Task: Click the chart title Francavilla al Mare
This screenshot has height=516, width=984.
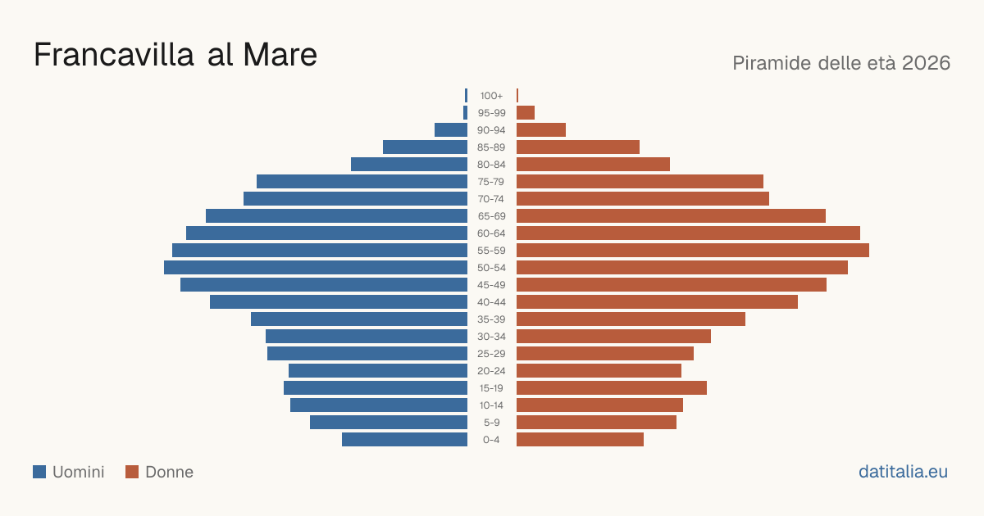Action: [x=175, y=54]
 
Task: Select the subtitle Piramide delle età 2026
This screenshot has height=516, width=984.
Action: [x=841, y=63]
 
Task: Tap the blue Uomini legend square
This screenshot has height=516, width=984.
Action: [x=39, y=472]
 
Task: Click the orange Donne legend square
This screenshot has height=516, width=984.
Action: [x=132, y=472]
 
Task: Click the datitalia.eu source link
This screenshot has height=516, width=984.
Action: [x=903, y=472]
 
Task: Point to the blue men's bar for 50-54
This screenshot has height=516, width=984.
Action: [x=316, y=268]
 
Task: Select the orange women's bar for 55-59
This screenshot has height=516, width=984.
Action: [x=693, y=250]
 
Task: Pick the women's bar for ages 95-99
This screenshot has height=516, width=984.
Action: [x=526, y=113]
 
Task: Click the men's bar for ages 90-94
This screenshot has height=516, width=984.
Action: [x=451, y=130]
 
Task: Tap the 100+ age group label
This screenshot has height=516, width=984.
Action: [x=491, y=96]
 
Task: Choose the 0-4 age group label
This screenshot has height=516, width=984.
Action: [x=491, y=440]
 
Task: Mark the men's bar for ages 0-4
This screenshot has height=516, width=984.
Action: [x=404, y=440]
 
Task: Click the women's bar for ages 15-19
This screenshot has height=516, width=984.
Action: [x=612, y=388]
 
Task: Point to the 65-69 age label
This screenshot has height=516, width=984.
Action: [x=491, y=216]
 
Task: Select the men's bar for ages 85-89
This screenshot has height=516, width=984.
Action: [x=426, y=147]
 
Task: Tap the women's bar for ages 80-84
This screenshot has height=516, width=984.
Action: [x=593, y=164]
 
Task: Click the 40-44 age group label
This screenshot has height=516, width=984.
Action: [x=491, y=302]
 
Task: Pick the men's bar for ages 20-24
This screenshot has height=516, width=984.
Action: [x=378, y=371]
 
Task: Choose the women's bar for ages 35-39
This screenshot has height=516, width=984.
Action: [x=631, y=319]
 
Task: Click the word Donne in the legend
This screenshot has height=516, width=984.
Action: [x=170, y=472]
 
